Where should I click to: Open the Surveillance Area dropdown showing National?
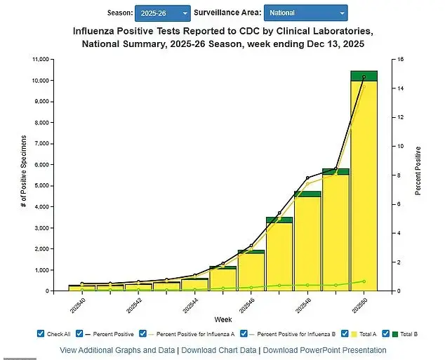coord(305,13)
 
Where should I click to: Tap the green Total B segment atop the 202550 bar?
coord(364,76)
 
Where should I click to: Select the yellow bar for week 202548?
coord(307,242)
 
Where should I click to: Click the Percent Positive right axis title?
coord(418,171)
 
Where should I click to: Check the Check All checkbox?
coord(41,334)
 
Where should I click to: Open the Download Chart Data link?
coord(218,350)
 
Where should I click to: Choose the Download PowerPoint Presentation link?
coord(324,350)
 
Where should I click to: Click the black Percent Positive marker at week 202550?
coord(364,77)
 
